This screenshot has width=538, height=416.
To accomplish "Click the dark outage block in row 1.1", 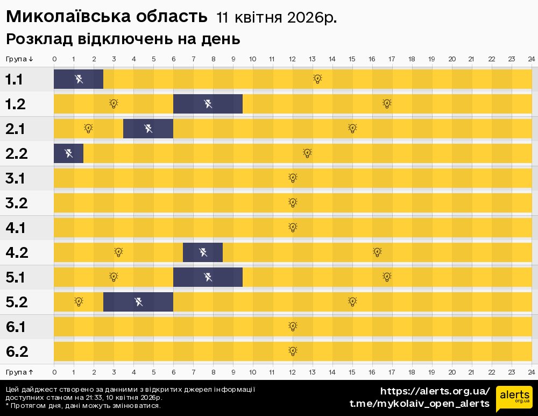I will (x=79, y=79).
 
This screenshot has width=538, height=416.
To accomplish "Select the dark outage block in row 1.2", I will (x=208, y=104).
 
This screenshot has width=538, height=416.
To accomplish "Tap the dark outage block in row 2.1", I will (x=148, y=129).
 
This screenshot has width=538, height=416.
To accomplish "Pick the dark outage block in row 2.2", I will (x=68, y=153).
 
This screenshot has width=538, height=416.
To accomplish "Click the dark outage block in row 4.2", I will (x=203, y=252).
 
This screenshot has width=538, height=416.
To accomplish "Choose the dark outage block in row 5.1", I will (x=208, y=277).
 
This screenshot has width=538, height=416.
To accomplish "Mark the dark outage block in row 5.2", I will (x=138, y=302).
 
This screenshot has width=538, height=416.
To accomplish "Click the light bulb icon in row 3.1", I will (x=293, y=178).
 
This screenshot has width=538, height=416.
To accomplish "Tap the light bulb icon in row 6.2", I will (x=293, y=351).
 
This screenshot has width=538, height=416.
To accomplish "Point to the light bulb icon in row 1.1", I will (x=317, y=79).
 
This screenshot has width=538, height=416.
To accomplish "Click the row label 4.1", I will (x=16, y=228).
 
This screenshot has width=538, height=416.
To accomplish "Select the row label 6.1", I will (x=16, y=327).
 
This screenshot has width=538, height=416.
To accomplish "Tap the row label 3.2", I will (x=16, y=203).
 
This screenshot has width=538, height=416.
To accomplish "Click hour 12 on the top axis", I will (x=292, y=59).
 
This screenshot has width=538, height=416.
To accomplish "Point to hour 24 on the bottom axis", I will (x=531, y=372).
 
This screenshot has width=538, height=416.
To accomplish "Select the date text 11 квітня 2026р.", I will (x=277, y=18).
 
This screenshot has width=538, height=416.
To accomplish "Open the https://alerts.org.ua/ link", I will (x=435, y=391).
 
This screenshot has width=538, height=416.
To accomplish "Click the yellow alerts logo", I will (x=514, y=399).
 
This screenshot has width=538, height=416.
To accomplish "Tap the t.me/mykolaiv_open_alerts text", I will (x=419, y=404).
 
